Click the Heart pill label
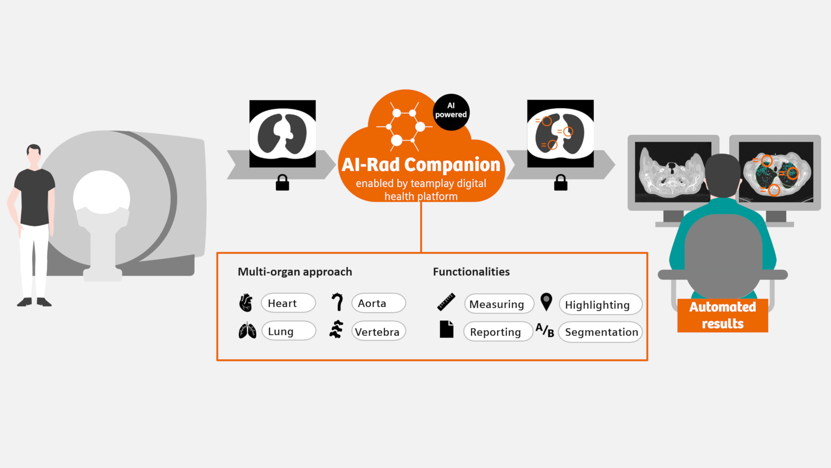coord(288,303)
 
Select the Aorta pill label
coord(378,303)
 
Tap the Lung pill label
coord(288,331)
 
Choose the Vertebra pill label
coord(378,331)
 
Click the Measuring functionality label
coord(499,304)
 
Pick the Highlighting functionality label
coord(600,305)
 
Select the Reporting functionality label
coord(498,332)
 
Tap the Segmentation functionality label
coord(600,332)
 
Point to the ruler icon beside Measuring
coord(446,302)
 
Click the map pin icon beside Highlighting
coord(546,302)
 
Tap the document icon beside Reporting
coord(446,329)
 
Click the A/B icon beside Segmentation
coord(545,330)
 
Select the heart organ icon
coord(246,303)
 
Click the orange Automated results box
coord(722,315)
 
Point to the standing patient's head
coord(34,153)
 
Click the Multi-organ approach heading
coord(295,272)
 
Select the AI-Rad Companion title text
coord(421,165)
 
